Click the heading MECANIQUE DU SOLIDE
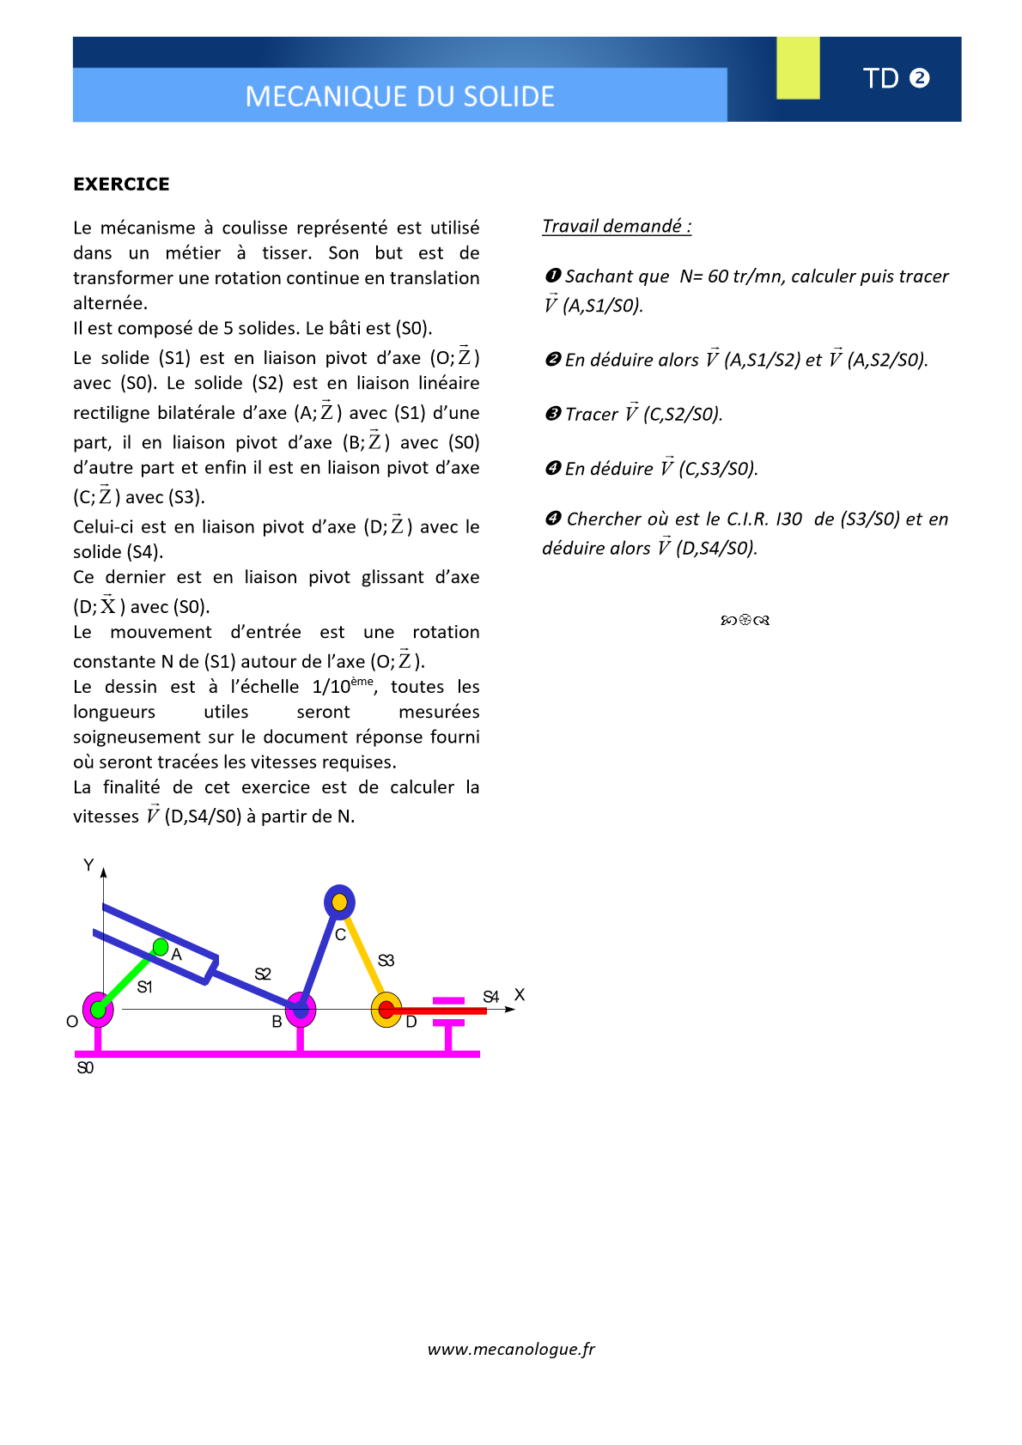tap(399, 96)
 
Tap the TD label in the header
tap(881, 78)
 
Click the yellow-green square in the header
tap(798, 68)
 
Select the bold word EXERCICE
tap(121, 184)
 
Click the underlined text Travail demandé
tap(616, 226)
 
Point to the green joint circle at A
tap(161, 947)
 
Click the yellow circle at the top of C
tap(339, 902)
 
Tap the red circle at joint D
tap(386, 1010)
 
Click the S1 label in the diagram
tap(145, 987)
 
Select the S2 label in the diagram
tap(263, 974)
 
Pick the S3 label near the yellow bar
tap(386, 960)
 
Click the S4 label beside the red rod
tap(490, 997)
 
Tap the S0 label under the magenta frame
tap(85, 1068)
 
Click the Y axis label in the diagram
tap(88, 865)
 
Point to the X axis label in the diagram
tap(520, 995)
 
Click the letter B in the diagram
tap(277, 1022)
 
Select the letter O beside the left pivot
tap(72, 1022)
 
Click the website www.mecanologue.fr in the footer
tap(511, 1349)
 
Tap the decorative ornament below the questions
tap(745, 620)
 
